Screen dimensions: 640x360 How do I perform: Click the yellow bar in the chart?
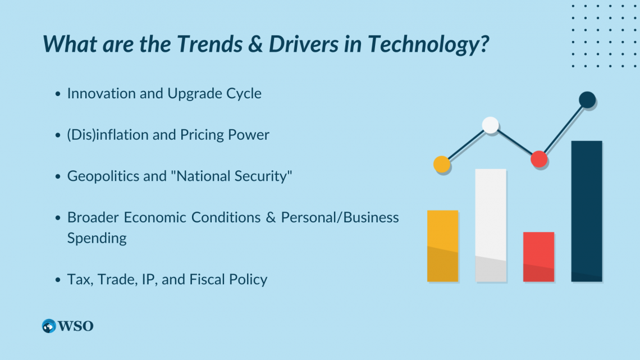coord(442,246)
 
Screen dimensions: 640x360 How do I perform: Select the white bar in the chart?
coord(491,225)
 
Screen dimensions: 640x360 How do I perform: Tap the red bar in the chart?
coord(539,257)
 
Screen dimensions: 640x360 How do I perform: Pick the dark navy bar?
coord(587,211)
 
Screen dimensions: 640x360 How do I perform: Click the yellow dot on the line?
coord(442,165)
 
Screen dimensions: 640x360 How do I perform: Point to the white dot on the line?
coord(490,125)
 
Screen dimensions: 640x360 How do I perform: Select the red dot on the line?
coord(539,159)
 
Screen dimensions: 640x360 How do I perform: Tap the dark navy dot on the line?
coord(587,99)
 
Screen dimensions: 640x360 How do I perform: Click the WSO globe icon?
coord(49,326)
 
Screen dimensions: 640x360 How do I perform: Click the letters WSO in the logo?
coord(76,326)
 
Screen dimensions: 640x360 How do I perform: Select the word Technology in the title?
coord(428,44)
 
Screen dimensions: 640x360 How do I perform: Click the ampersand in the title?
coord(255,44)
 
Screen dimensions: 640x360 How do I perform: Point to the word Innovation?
coord(102,93)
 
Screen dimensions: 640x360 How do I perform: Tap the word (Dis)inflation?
coord(108,135)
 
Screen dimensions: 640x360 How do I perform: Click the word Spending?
coord(97,238)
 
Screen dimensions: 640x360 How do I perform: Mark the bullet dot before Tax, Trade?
coord(58,280)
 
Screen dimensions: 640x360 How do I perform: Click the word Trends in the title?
coord(210,44)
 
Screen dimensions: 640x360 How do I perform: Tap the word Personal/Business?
coord(340,217)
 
